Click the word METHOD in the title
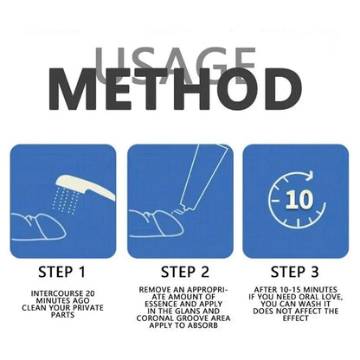pyautogui.click(x=176, y=89)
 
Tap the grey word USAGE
pyautogui.click(x=175, y=66)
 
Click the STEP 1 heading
pyautogui.click(x=62, y=272)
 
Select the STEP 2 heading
pyautogui.click(x=185, y=272)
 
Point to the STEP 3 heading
pyautogui.click(x=295, y=272)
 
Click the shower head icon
pyautogui.click(x=86, y=187)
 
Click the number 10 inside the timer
pyautogui.click(x=299, y=199)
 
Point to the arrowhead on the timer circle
pyautogui.click(x=309, y=176)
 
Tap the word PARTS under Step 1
pyautogui.click(x=63, y=315)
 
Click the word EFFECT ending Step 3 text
pyautogui.click(x=296, y=318)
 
